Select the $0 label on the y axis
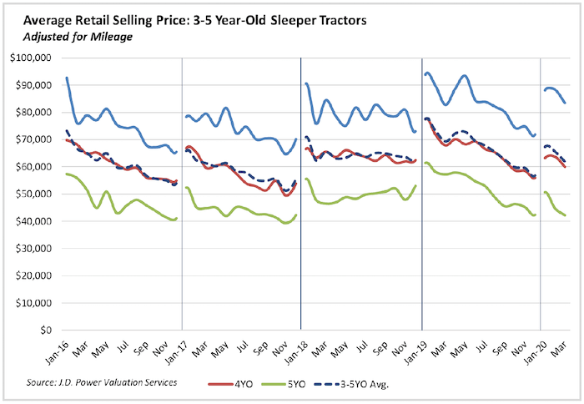(x=48, y=330)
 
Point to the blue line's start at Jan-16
(x=65, y=78)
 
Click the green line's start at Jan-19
(x=425, y=163)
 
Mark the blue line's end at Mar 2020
(x=565, y=104)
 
